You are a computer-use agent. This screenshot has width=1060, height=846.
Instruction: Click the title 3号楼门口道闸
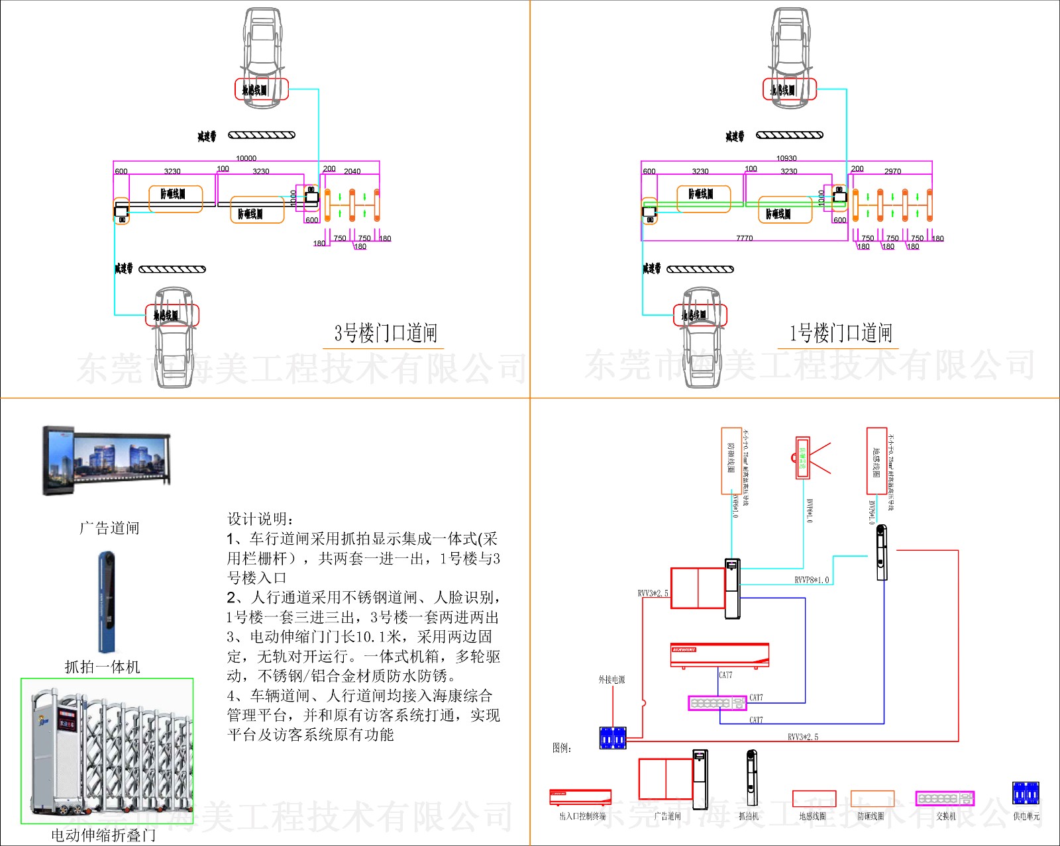[386, 333]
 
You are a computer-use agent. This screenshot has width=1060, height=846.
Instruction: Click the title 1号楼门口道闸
[841, 333]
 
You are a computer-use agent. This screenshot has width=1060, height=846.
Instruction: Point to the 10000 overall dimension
[246, 158]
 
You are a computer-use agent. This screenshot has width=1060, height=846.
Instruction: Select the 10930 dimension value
[786, 158]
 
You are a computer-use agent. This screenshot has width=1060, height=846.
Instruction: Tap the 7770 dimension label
[744, 238]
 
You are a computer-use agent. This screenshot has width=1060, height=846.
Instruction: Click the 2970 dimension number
[892, 171]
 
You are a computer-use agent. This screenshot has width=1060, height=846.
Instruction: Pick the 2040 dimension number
[352, 171]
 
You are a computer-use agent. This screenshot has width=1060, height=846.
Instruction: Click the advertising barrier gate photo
[107, 461]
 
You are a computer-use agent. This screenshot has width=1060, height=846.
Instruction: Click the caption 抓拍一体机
[103, 667]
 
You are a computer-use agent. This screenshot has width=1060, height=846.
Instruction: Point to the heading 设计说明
[261, 519]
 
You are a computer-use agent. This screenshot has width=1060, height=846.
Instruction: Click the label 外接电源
[611, 680]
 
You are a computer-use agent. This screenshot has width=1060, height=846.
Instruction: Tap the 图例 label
[562, 748]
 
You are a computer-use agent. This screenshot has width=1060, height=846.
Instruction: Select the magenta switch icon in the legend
[945, 798]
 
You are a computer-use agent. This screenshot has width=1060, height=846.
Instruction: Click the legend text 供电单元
[1026, 817]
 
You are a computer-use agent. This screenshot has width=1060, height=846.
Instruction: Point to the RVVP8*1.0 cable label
[812, 581]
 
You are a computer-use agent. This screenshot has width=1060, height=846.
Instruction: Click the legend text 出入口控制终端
[582, 817]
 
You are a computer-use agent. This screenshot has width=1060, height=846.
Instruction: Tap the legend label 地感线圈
[812, 817]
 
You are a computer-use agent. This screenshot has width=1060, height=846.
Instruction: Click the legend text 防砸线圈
[871, 817]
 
